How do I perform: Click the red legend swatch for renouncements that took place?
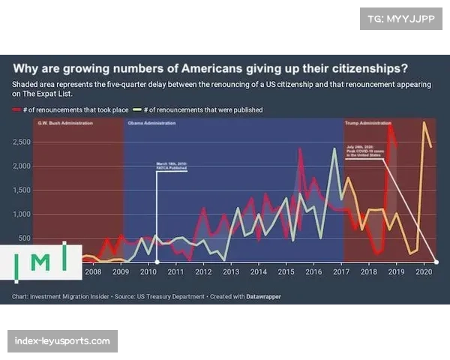point(16,110)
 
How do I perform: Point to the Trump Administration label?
point(367,122)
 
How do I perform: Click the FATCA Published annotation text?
point(171,165)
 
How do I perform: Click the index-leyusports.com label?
point(62,341)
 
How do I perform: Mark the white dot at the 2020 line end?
point(436,262)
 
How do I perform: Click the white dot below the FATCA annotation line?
point(155,262)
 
